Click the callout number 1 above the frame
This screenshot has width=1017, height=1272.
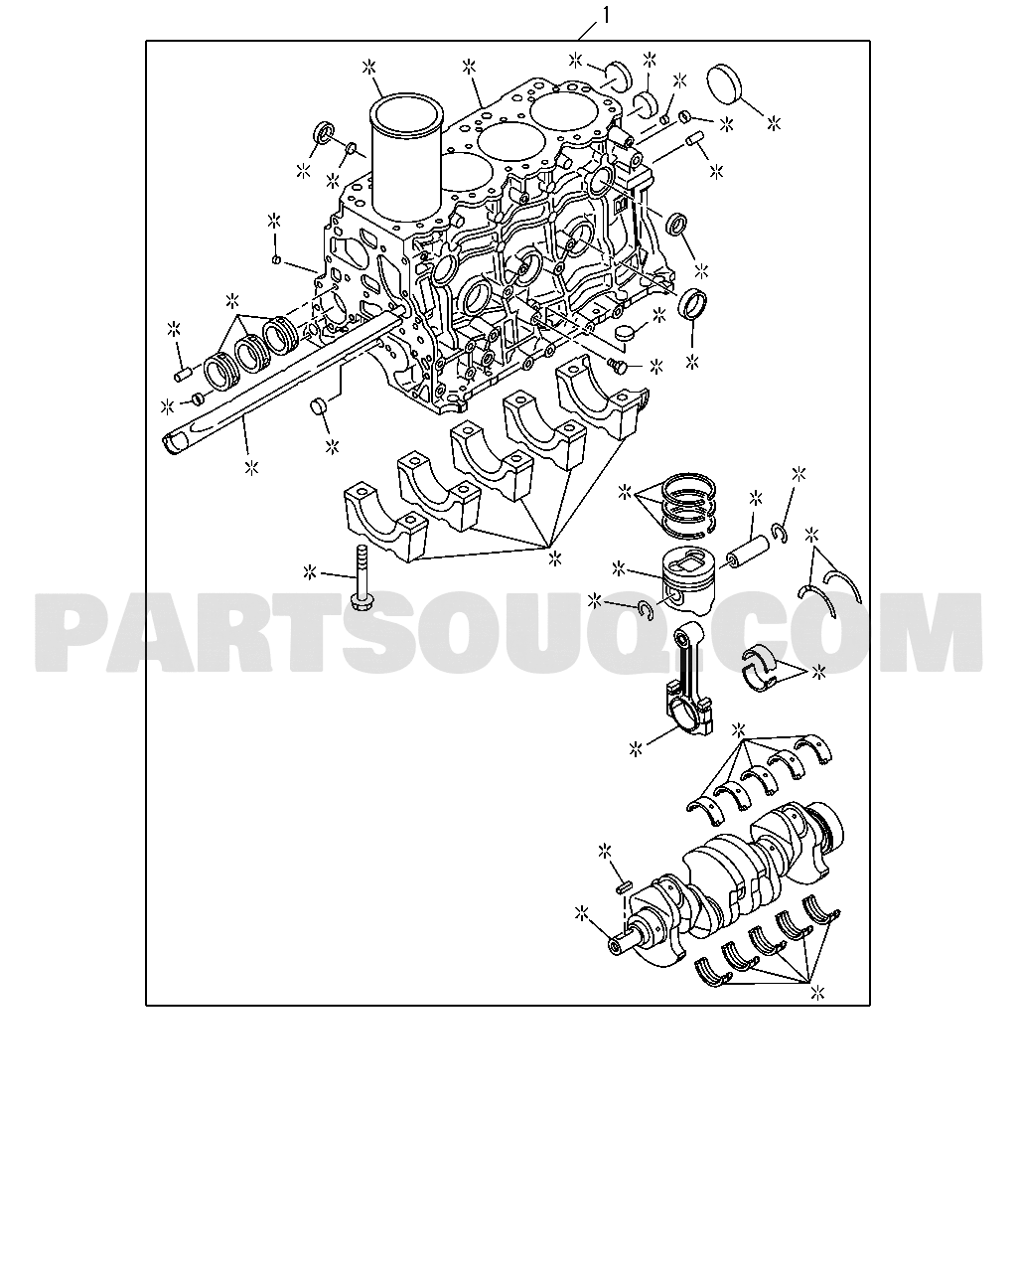pos(604,14)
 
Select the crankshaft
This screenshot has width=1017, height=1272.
pos(727,886)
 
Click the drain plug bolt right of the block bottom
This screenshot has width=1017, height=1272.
pos(617,366)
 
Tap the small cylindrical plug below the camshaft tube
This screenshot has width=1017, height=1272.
pos(319,407)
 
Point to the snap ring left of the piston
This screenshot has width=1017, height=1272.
pos(646,609)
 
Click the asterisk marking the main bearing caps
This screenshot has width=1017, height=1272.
pos(555,557)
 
